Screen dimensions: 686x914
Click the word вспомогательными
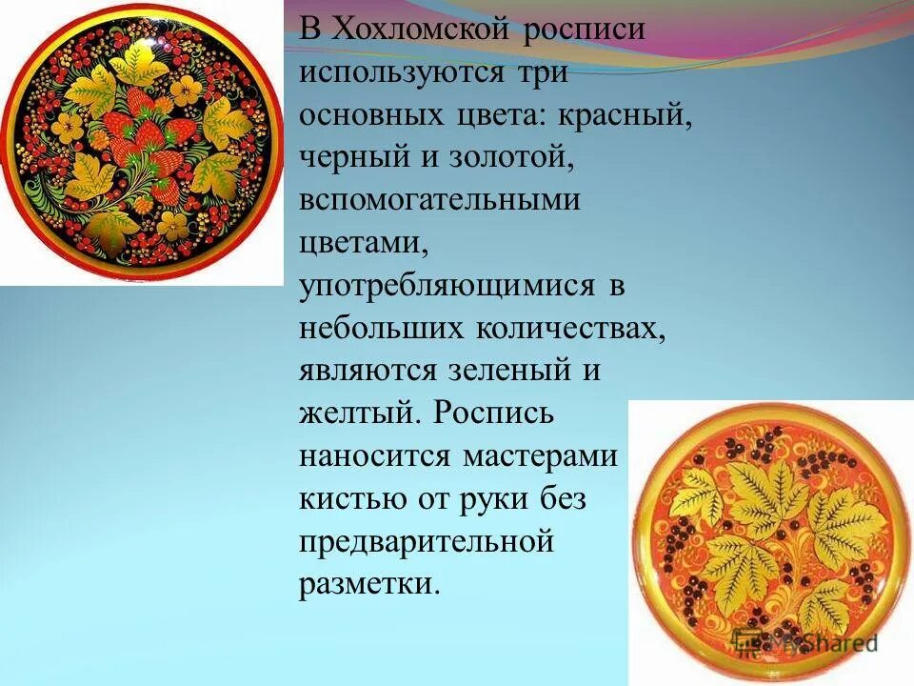coord(453,202)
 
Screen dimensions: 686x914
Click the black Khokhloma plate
coord(141,141)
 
